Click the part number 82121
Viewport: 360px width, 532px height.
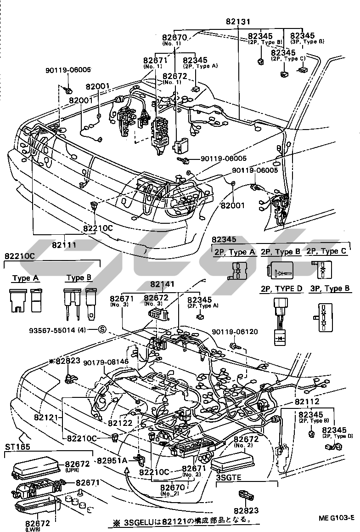point(46,418)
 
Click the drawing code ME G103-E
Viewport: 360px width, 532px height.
point(336,518)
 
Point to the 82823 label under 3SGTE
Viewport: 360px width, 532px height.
point(246,510)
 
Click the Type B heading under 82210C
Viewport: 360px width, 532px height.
point(79,278)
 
